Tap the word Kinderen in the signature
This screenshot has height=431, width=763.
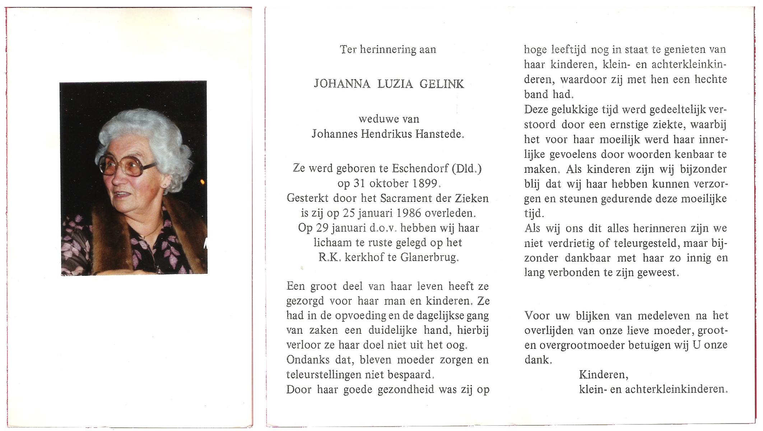[603, 375]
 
